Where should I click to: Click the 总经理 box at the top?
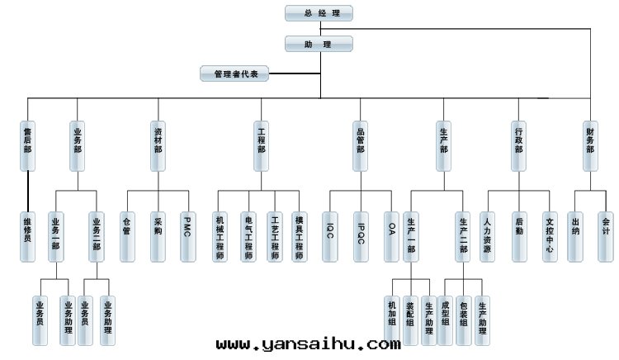click(x=319, y=13)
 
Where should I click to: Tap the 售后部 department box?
click(x=27, y=145)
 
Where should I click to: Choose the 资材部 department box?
click(x=158, y=145)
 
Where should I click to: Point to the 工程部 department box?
click(x=262, y=145)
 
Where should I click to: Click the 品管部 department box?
click(x=361, y=145)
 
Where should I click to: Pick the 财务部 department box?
click(x=590, y=145)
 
